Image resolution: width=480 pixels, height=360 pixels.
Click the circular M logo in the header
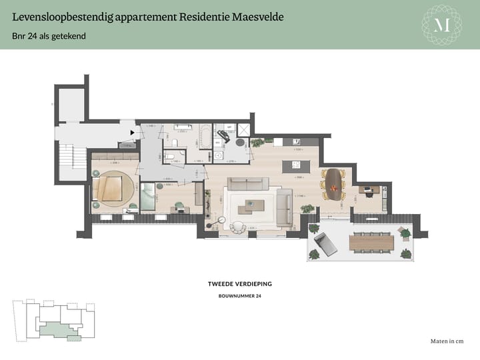(x=442, y=25)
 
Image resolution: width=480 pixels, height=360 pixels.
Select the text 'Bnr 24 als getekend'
(x=49, y=35)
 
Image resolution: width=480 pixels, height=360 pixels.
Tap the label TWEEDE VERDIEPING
(x=239, y=284)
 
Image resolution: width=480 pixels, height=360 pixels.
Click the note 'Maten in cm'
(x=447, y=341)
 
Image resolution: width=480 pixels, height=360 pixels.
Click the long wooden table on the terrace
(x=370, y=241)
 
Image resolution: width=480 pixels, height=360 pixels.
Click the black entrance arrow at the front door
(x=132, y=133)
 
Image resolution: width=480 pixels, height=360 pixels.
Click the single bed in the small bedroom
(x=149, y=198)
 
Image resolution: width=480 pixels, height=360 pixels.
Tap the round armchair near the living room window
(x=238, y=227)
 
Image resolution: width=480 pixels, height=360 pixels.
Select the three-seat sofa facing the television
(x=247, y=184)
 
